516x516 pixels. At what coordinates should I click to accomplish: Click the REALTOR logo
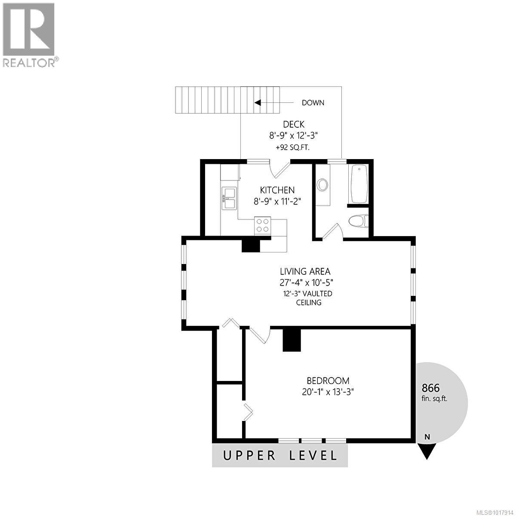pyautogui.click(x=29, y=34)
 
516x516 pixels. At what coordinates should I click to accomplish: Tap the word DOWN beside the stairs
pyautogui.click(x=313, y=103)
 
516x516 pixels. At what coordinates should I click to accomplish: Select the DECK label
pyautogui.click(x=294, y=125)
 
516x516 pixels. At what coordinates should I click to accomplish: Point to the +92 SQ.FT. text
pyautogui.click(x=293, y=147)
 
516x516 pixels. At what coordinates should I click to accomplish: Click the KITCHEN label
pyautogui.click(x=277, y=190)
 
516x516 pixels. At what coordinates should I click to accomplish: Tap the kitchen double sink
pyautogui.click(x=229, y=198)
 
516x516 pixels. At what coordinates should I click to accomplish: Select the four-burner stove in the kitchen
pyautogui.click(x=263, y=226)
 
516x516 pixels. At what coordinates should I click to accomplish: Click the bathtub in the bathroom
pyautogui.click(x=359, y=184)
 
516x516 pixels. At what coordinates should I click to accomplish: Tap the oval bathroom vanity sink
pyautogui.click(x=322, y=185)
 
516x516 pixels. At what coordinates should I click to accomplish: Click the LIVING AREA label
pyautogui.click(x=305, y=272)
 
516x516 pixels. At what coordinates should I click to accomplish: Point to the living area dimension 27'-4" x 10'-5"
pyautogui.click(x=306, y=283)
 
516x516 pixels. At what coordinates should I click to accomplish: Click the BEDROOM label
pyautogui.click(x=328, y=381)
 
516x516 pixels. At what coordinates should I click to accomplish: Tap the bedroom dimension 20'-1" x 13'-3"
pyautogui.click(x=328, y=392)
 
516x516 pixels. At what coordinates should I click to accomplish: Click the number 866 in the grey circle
pyautogui.click(x=431, y=388)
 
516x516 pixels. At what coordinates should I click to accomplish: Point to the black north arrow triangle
pyautogui.click(x=427, y=451)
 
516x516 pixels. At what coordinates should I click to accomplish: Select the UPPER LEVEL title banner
pyautogui.click(x=280, y=455)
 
